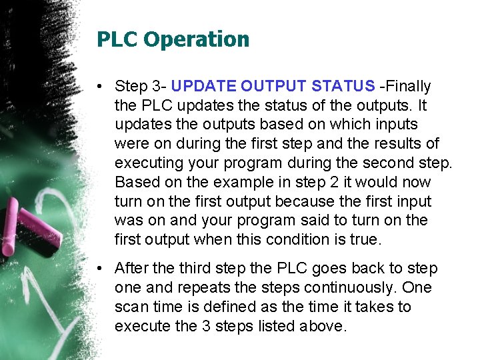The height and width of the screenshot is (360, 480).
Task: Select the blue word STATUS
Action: point(344,86)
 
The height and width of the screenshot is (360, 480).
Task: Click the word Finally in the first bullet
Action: point(407,86)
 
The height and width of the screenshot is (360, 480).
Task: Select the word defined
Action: point(215,307)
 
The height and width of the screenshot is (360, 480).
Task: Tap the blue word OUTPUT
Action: point(273,86)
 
